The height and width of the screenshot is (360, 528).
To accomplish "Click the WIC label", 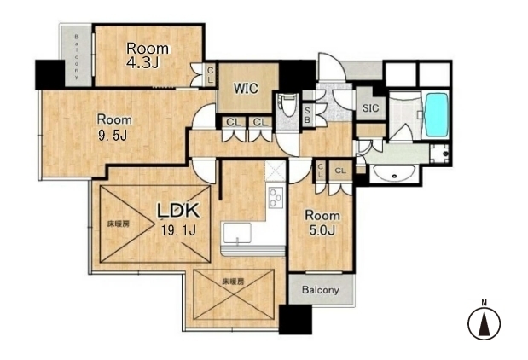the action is (x=247, y=88).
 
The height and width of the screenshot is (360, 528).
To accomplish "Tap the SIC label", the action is (x=370, y=108).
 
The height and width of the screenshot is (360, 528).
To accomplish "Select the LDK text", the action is (x=179, y=211).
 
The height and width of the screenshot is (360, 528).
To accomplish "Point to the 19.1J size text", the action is (x=178, y=230).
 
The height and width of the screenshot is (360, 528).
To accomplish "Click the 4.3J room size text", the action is (x=142, y=62).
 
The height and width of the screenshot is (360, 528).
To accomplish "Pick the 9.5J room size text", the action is (x=113, y=136).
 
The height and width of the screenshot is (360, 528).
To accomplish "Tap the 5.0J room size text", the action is (x=322, y=230).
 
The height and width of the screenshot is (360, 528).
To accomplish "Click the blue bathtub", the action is (x=437, y=115).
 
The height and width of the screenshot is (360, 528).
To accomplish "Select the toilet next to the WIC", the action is (x=287, y=106).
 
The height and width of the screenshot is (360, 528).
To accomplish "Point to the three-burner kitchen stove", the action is (x=276, y=197).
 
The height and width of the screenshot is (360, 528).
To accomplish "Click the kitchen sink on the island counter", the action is (x=237, y=233).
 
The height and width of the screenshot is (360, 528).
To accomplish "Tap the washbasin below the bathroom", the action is (x=393, y=173).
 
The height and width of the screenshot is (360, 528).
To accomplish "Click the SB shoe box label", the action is (x=307, y=114).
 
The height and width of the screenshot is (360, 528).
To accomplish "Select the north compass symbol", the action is (x=484, y=322).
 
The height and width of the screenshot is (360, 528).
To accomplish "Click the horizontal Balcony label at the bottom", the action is (x=320, y=290).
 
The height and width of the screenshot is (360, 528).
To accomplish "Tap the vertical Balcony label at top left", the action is (x=77, y=56).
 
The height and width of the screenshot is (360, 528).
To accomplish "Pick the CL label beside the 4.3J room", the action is (x=210, y=75).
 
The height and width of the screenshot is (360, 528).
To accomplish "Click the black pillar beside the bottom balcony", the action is (x=295, y=319).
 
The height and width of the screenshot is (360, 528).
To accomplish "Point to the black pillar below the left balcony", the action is (x=49, y=74).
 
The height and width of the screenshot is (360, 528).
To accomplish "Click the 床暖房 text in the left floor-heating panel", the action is (x=119, y=224).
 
